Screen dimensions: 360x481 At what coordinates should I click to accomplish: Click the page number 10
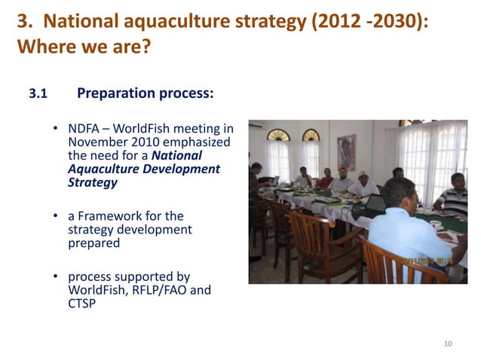(x=448, y=344)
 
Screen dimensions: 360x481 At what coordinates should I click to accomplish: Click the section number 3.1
(x=38, y=95)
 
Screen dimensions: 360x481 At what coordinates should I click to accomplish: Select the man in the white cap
(x=364, y=181)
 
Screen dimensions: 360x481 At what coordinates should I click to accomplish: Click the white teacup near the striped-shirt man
(x=437, y=224)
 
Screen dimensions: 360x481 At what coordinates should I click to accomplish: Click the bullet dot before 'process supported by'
(x=57, y=279)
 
